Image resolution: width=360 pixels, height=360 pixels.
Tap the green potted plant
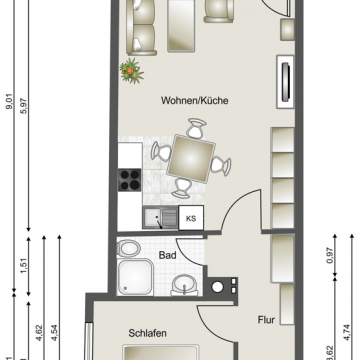tap(130, 71)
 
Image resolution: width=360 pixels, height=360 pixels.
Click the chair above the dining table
tap(194, 129)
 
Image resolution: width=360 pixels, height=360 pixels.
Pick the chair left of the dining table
tap(159, 152)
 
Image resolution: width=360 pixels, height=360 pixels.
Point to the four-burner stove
tap(130, 182)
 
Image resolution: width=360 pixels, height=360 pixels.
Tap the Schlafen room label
tap(146, 334)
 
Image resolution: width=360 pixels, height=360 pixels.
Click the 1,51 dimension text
tap(30, 264)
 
